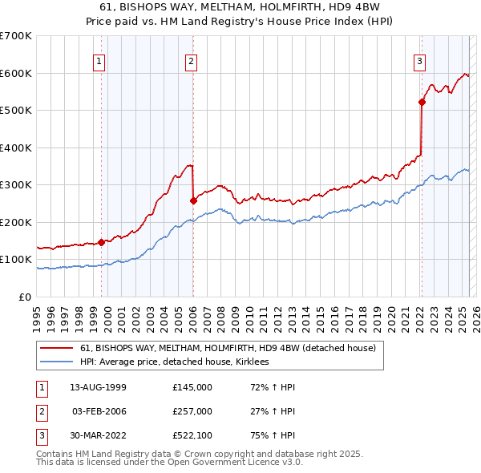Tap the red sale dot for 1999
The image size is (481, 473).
click(x=102, y=242)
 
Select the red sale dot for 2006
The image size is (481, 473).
click(x=194, y=200)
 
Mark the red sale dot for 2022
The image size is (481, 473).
click(x=422, y=102)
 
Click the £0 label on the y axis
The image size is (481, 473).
click(x=25, y=297)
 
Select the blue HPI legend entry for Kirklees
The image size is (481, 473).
click(x=178, y=362)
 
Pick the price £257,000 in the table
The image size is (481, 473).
click(x=192, y=411)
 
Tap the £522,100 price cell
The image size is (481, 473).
click(x=192, y=435)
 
